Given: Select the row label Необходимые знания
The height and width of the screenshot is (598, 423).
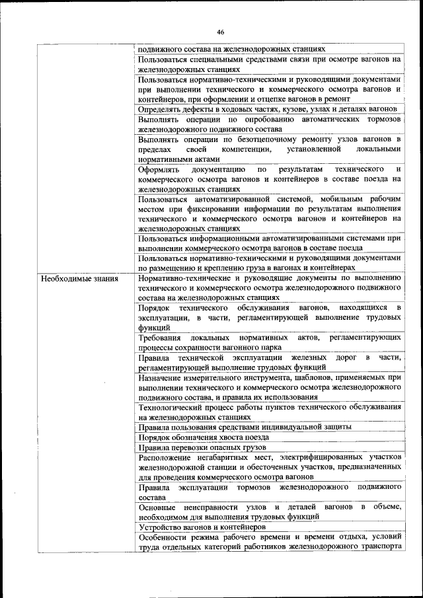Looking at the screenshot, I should point(79,279).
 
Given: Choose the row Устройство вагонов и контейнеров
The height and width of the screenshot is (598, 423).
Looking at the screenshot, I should point(202,527).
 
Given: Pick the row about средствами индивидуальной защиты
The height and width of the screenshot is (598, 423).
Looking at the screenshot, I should point(245,428).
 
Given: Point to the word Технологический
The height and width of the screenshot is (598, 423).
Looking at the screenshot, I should point(173,408).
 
